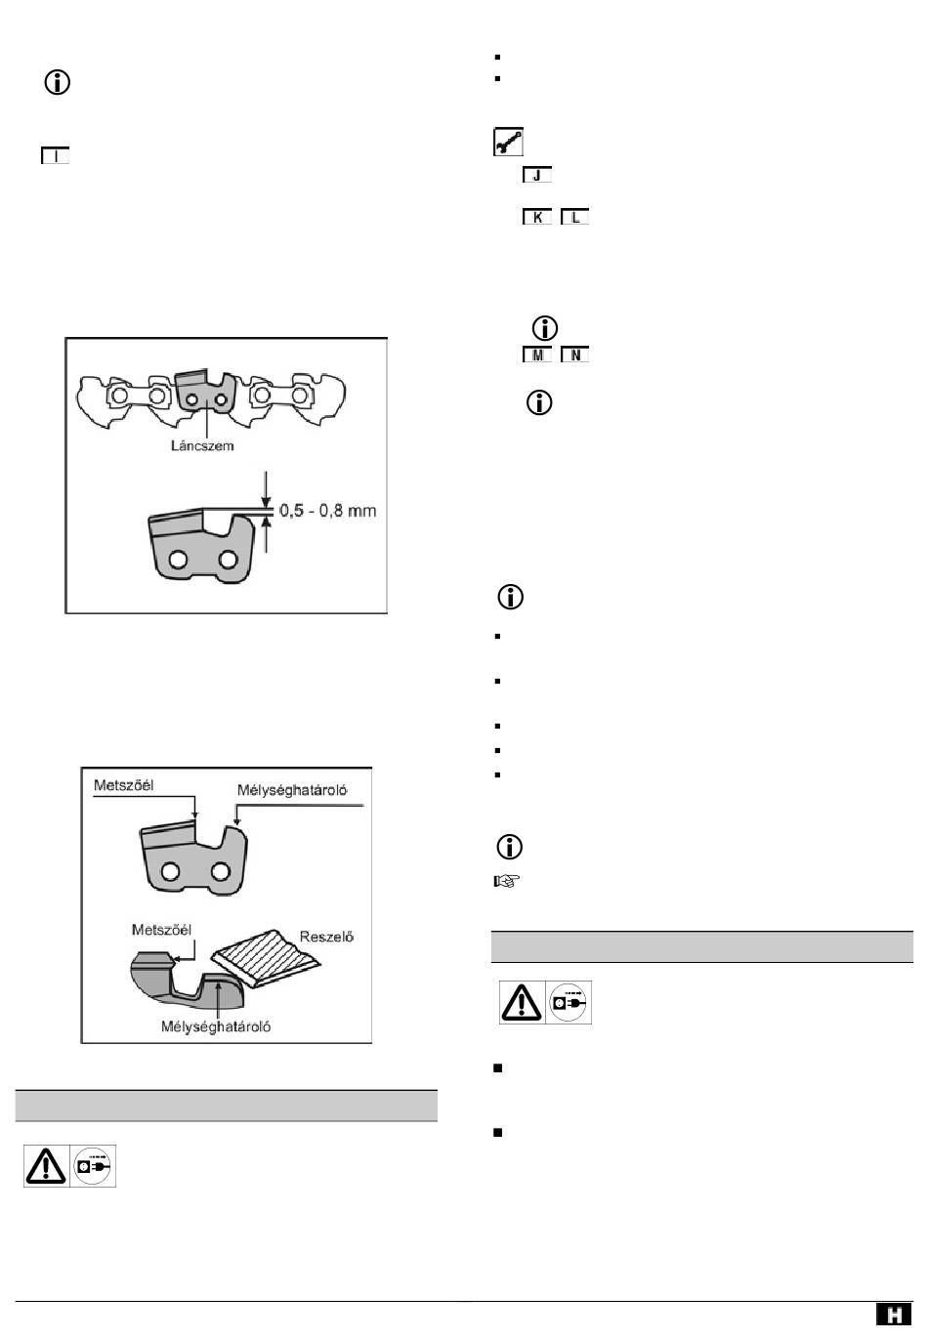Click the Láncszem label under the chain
tap(202, 446)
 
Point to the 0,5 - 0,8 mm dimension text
tap(328, 511)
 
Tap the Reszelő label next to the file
tap(326, 937)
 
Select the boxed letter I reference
tap(56, 156)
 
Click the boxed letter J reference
tap(537, 175)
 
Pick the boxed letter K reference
tap(537, 217)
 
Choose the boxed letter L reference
tap(575, 217)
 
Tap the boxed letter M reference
tap(537, 355)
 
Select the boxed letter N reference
tap(575, 355)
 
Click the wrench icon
tap(508, 142)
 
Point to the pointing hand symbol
tap(507, 881)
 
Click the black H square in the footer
tap(894, 1315)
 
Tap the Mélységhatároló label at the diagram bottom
tap(216, 1026)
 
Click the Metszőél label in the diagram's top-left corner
tap(124, 785)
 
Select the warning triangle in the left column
tap(46, 1165)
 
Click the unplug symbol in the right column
tap(569, 1002)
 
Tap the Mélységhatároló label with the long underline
tap(292, 790)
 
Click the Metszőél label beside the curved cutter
tap(161, 930)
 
